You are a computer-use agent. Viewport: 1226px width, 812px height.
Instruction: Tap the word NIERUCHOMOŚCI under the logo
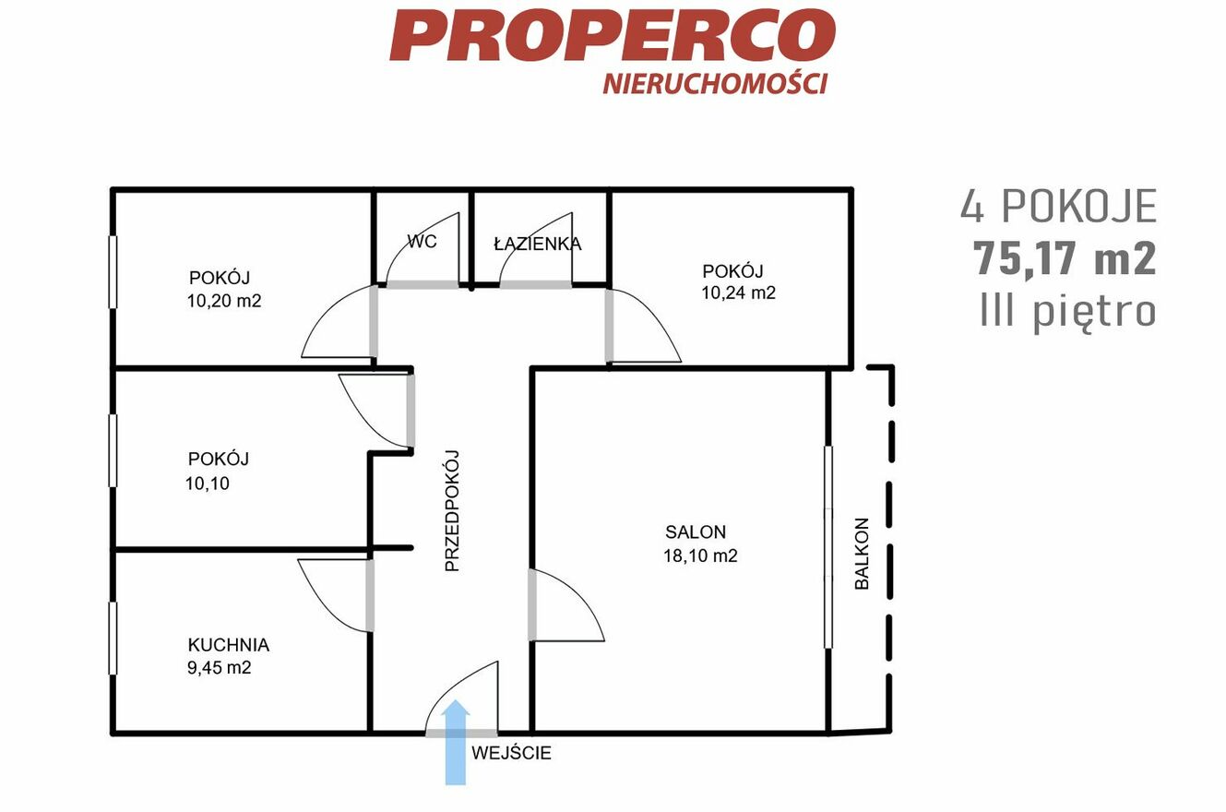(715, 84)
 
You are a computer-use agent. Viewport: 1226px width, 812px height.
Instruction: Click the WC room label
(422, 242)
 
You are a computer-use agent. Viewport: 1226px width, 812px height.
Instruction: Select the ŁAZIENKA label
(538, 244)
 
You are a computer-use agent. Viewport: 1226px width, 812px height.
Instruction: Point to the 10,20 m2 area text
(224, 301)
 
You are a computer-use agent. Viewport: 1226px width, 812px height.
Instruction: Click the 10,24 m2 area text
(739, 293)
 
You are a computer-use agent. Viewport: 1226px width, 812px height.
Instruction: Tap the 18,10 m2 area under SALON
(700, 555)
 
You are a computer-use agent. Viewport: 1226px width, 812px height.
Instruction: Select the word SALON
(696, 531)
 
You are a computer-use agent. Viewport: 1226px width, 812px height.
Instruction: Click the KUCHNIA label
(229, 645)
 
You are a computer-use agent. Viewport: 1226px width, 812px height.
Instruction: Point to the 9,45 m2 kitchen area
(220, 668)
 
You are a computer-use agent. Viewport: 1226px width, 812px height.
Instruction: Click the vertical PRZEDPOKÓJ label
(452, 511)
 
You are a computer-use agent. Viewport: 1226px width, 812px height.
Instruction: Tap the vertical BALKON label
(862, 554)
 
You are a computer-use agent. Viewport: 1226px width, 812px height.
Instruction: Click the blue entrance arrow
(456, 744)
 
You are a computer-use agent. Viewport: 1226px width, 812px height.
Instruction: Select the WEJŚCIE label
(511, 753)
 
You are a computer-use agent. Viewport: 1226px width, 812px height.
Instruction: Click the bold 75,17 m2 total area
(1065, 258)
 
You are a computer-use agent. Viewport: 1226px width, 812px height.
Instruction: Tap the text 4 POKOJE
(1059, 207)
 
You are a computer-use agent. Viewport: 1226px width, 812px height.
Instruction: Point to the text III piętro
(1068, 313)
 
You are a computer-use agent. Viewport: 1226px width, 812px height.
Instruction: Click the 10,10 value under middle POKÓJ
(208, 484)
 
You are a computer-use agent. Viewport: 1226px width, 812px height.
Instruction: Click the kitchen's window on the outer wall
(113, 639)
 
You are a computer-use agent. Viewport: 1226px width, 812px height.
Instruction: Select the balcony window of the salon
(828, 547)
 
